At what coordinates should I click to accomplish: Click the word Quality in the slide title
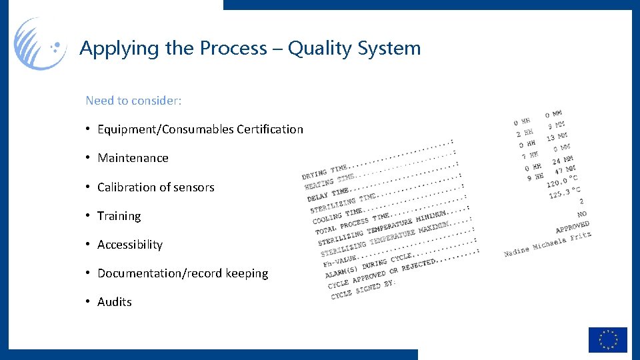(x=321, y=49)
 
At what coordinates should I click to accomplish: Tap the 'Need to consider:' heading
(x=133, y=101)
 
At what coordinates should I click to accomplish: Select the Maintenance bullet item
(x=133, y=158)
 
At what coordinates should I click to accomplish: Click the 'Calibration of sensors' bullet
(x=155, y=187)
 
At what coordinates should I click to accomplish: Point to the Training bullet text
(x=119, y=216)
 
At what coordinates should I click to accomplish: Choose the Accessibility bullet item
(x=129, y=245)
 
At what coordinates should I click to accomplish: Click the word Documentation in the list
(x=139, y=273)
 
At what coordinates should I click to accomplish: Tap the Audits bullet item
(x=114, y=302)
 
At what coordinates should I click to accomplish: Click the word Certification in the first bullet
(x=269, y=129)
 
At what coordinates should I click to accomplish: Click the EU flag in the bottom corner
(x=607, y=339)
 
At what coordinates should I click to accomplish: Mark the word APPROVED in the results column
(x=572, y=227)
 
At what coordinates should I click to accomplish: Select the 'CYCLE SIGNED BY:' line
(x=363, y=288)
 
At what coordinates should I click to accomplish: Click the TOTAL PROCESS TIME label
(x=353, y=224)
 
